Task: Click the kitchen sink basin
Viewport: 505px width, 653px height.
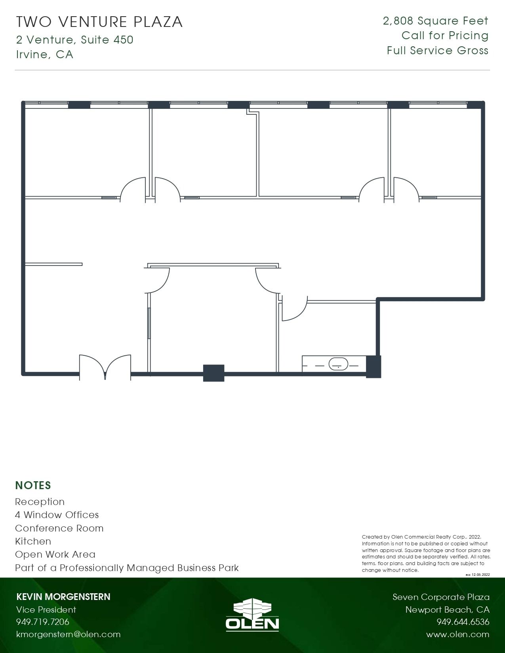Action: click(338, 364)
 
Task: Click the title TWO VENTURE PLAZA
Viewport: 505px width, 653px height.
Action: click(99, 22)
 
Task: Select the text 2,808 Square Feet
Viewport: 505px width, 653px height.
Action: click(435, 21)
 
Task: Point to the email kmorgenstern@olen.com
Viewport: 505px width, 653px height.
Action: click(68, 634)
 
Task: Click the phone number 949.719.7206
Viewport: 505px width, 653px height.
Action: click(43, 622)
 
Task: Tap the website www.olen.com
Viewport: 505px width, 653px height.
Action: click(457, 634)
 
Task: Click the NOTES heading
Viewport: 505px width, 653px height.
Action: click(33, 485)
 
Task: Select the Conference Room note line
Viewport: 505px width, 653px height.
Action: click(59, 528)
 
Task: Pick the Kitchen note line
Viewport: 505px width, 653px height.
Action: click(33, 541)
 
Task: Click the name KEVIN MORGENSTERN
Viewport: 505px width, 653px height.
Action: click(63, 597)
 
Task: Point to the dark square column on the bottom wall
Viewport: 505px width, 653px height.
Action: click(213, 373)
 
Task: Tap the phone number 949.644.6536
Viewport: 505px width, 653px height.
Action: click(463, 622)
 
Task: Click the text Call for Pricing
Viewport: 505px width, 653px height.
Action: click(445, 36)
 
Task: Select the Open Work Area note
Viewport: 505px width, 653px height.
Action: click(55, 554)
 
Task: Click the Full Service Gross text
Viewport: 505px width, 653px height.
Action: click(437, 51)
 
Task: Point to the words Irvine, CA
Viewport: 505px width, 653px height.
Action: click(45, 54)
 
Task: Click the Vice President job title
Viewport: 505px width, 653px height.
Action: click(46, 609)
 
